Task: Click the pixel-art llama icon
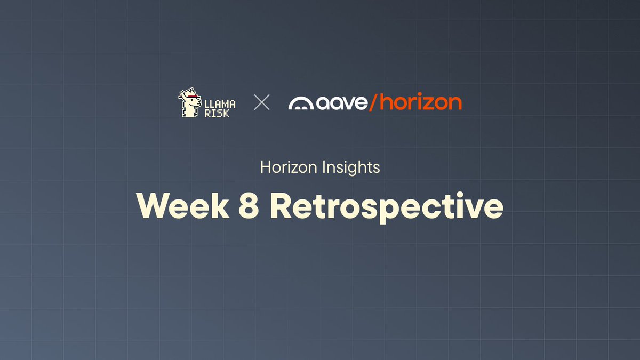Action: [189, 103]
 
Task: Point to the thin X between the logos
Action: [261, 102]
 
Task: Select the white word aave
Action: [341, 103]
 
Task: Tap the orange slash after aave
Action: [373, 102]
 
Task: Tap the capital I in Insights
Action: [327, 167]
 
